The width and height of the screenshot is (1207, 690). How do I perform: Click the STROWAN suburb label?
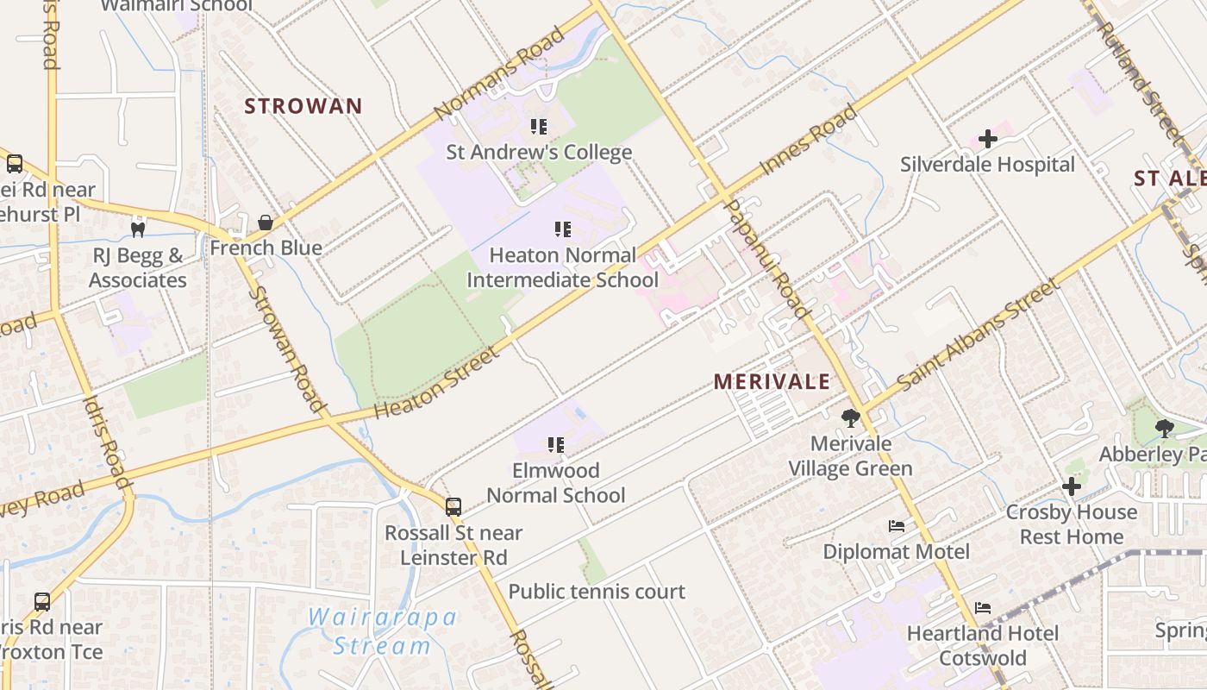[303, 106]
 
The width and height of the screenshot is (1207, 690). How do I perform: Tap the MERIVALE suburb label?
[772, 381]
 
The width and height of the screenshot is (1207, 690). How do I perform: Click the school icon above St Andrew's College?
[539, 128]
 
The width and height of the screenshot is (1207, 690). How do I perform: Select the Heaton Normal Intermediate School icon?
[563, 229]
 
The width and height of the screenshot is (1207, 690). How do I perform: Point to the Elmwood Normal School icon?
[556, 445]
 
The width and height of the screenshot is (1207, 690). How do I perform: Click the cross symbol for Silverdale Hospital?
[987, 139]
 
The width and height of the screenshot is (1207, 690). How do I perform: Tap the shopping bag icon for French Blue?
[266, 223]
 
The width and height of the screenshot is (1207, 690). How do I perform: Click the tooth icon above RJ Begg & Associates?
[136, 229]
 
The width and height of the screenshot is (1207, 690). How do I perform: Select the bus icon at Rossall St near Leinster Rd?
[453, 507]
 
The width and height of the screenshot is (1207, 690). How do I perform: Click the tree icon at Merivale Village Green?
[851, 418]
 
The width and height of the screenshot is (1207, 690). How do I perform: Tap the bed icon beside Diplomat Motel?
[897, 525]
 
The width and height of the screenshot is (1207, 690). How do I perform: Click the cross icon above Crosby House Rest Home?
[1071, 486]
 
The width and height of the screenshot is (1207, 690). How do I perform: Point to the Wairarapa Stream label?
[383, 631]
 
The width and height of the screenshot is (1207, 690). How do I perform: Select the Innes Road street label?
[808, 141]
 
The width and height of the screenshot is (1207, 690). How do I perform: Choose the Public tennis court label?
[597, 592]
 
